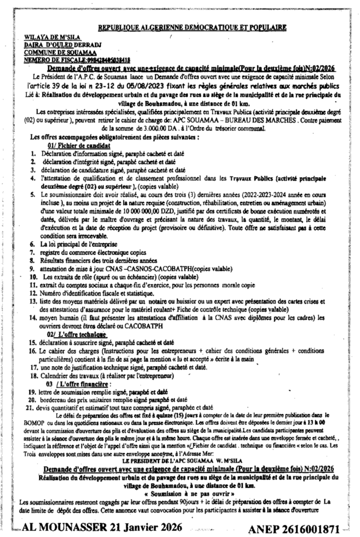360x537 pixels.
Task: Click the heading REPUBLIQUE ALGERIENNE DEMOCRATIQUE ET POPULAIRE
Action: coord(192,27)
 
